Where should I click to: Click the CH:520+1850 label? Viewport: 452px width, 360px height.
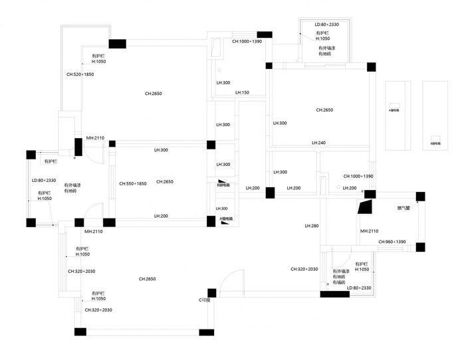[80, 74]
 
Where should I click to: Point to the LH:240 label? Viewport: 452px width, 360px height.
[319, 143]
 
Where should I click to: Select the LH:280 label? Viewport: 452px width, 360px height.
[312, 226]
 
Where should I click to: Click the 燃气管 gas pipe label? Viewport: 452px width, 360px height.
[403, 208]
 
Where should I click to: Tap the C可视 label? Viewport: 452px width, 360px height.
[205, 300]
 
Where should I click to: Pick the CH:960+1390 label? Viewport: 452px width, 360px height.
[393, 242]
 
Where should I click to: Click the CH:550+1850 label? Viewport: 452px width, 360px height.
[133, 183]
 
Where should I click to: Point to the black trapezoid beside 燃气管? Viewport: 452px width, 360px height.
[363, 207]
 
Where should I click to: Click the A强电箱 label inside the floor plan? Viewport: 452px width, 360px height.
[226, 219]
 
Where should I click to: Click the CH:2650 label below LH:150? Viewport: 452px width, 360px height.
[324, 110]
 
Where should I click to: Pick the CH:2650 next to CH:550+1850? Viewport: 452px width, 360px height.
[165, 181]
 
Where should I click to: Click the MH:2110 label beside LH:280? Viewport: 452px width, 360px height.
[370, 231]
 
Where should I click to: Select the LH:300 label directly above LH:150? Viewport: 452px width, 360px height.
[223, 82]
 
